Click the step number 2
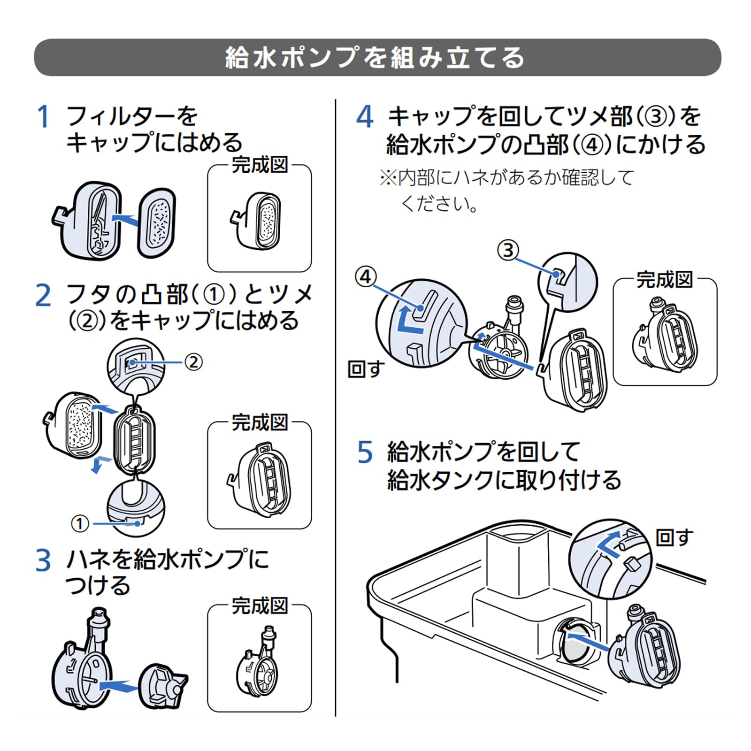tap(43, 296)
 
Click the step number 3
tap(43, 560)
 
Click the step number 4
tap(365, 117)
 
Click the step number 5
tap(365, 452)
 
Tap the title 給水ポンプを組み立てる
tap(375, 58)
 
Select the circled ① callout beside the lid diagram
tap(80, 523)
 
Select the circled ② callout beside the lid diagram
tap(193, 362)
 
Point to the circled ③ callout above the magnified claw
tap(508, 250)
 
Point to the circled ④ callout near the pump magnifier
tap(366, 277)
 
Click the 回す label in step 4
tap(366, 369)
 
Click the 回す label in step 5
tap(674, 537)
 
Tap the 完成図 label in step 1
tap(260, 165)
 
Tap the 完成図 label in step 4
tap(665, 280)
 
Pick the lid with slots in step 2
tap(135, 440)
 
